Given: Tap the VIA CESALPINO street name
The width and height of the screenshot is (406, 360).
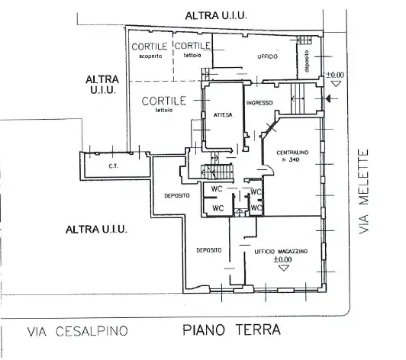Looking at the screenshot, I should pyautogui.click(x=76, y=331).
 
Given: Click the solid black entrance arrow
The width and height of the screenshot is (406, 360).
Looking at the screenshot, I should pyautogui.click(x=327, y=100).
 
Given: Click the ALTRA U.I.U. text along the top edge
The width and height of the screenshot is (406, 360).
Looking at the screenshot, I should pyautogui.click(x=219, y=16).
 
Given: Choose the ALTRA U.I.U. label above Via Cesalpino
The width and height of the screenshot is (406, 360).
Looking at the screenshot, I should pyautogui.click(x=96, y=229).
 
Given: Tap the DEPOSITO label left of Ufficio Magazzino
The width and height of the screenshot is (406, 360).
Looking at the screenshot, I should pyautogui.click(x=208, y=250).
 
